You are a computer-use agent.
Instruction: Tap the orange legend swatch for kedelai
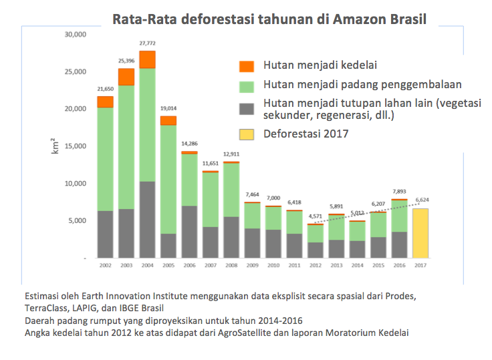pos(247,66)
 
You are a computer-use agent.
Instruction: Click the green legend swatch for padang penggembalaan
pos(247,85)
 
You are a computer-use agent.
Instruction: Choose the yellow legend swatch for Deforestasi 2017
pos(247,134)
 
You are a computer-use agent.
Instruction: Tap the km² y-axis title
pos(55,145)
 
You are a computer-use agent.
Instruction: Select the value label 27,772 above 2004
pos(147,44)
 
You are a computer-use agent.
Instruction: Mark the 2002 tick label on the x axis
pos(105,265)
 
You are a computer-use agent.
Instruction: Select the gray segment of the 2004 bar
pos(147,219)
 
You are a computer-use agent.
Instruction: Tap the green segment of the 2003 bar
pos(126,147)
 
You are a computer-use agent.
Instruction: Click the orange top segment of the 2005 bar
pos(168,120)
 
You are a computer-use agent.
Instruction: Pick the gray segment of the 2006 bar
pos(190,231)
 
